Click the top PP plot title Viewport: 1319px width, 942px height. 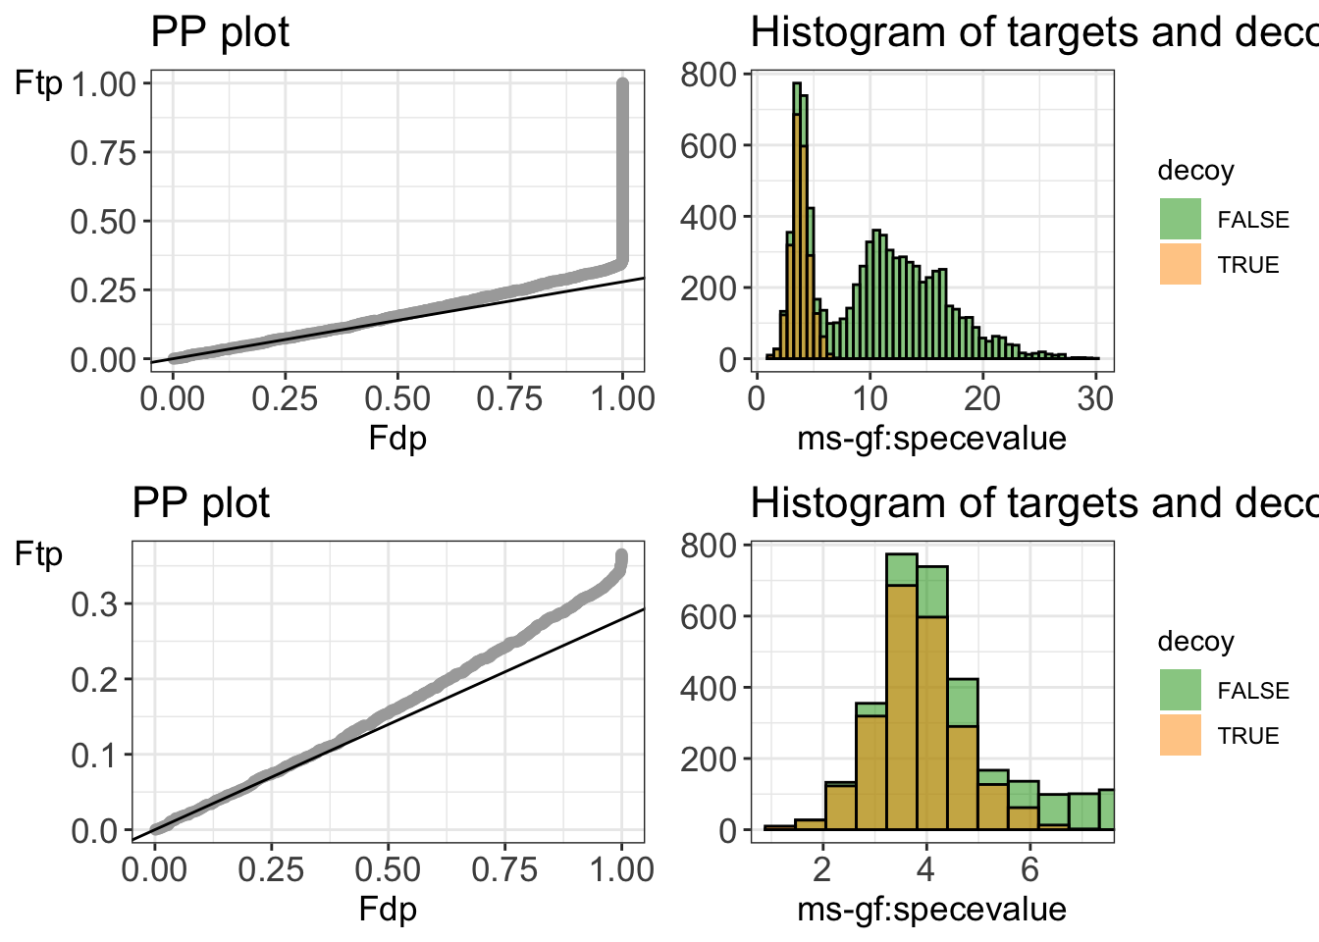click(220, 32)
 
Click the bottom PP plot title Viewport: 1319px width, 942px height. click(200, 503)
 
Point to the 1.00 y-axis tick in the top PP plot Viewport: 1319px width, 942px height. click(103, 83)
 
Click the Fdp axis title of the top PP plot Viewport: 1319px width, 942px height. click(397, 437)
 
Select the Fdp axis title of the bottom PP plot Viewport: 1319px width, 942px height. click(388, 908)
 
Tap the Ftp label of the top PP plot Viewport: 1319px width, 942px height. click(38, 84)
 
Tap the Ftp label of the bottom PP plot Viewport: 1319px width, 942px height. click(38, 555)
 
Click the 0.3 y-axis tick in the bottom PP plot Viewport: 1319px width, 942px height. click(93, 603)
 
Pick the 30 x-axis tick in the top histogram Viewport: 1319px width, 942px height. click(1095, 398)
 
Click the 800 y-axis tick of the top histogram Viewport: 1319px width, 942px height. click(709, 75)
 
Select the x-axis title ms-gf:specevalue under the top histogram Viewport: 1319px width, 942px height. click(931, 438)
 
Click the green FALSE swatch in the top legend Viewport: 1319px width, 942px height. click(1180, 219)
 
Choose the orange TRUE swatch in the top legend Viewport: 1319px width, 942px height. click(1180, 264)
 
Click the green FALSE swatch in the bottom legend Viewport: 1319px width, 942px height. click(1180, 690)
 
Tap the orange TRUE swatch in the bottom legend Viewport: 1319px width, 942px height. click(1180, 735)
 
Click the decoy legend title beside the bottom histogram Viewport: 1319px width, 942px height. click(1195, 642)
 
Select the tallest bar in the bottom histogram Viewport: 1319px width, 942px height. click(901, 697)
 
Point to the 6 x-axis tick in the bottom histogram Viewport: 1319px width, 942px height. click(1029, 869)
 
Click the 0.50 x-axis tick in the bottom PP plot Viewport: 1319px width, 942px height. click(388, 869)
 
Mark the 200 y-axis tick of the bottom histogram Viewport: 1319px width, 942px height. click(709, 759)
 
